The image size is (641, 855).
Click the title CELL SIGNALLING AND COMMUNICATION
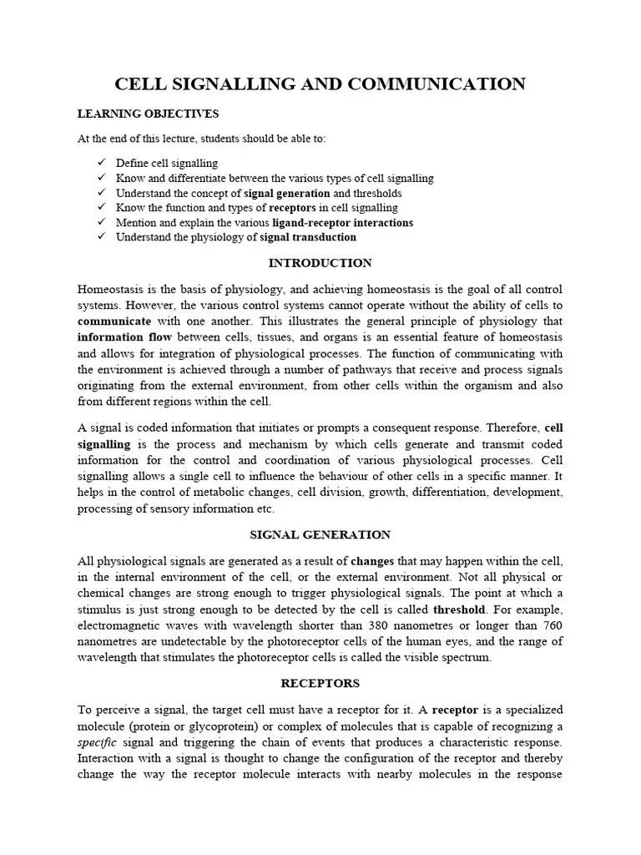click(x=320, y=83)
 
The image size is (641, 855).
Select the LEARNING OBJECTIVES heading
click(x=148, y=114)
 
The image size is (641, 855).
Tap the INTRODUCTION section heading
click(x=320, y=263)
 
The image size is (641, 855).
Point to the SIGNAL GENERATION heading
click(x=320, y=534)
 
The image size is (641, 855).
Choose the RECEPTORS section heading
click(x=320, y=683)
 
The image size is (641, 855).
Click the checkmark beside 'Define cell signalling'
click(x=102, y=163)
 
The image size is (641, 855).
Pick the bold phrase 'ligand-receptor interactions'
click(x=342, y=223)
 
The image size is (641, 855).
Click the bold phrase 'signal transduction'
click(x=308, y=237)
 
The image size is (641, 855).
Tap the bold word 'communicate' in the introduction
click(x=114, y=321)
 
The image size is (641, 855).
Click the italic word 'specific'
click(x=94, y=742)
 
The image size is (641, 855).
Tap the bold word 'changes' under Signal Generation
click(x=372, y=561)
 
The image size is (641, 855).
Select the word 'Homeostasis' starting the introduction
click(x=109, y=289)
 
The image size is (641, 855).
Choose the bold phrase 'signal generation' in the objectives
click(x=286, y=193)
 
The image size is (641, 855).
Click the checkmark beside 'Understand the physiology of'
click(x=102, y=237)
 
